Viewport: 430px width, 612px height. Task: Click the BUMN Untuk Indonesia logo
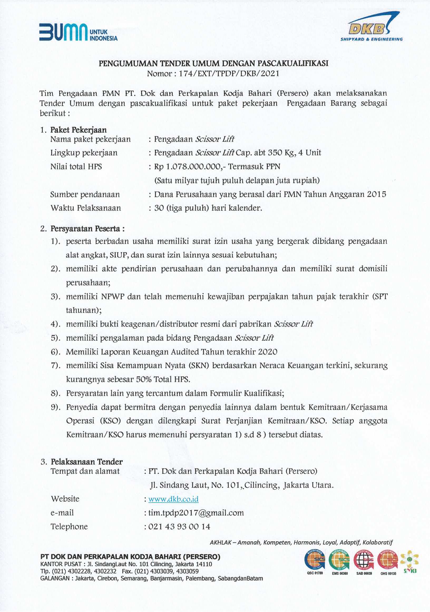point(78,32)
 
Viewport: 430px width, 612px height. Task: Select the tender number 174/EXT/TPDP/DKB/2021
point(229,73)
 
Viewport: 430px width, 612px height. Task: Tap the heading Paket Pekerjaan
point(79,130)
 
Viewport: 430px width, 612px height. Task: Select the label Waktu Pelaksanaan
point(86,208)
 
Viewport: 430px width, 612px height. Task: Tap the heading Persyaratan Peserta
point(87,228)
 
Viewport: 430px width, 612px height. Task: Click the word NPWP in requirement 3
point(113,296)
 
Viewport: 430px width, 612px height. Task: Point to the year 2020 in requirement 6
point(267,352)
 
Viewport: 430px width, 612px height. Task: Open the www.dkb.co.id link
point(173,499)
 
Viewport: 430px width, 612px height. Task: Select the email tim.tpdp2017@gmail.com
point(196,513)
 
